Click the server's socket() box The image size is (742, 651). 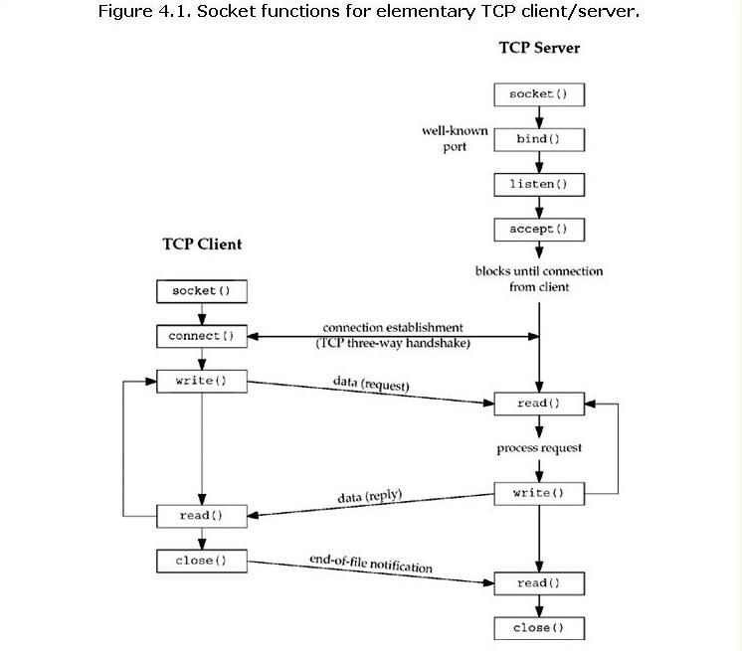tap(539, 94)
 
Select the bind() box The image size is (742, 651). tap(539, 139)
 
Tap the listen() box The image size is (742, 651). tap(539, 185)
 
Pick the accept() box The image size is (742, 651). tap(539, 230)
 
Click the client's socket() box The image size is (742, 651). tap(202, 291)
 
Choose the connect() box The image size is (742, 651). tap(202, 336)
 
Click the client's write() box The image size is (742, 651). tap(202, 381)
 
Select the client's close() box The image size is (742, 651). tap(202, 561)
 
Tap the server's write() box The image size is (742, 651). tap(539, 494)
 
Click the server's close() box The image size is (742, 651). tap(539, 628)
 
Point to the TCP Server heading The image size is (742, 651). tap(539, 48)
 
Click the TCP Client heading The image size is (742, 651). tap(202, 244)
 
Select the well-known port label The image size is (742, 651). tap(455, 138)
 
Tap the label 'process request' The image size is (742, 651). tap(539, 448)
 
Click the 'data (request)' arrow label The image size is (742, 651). tap(371, 384)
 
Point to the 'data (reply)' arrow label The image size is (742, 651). tap(370, 496)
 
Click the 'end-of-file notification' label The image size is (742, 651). tap(371, 564)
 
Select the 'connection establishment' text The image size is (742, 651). tap(393, 328)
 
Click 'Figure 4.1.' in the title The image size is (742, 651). tap(145, 11)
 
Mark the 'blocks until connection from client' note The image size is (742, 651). tap(539, 279)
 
